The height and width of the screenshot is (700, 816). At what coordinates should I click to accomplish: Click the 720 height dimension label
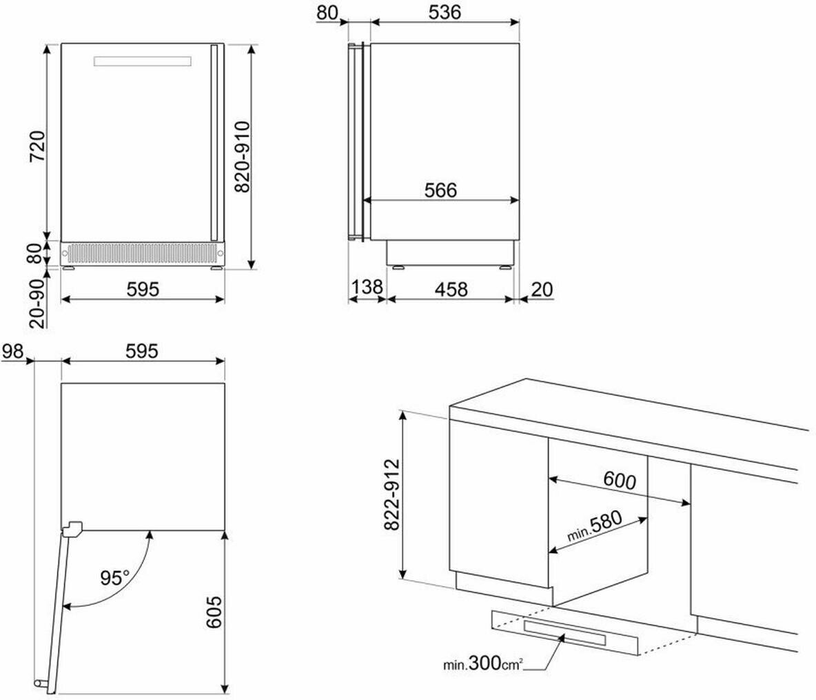pyautogui.click(x=37, y=147)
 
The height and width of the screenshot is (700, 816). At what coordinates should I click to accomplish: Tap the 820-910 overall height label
pyautogui.click(x=243, y=157)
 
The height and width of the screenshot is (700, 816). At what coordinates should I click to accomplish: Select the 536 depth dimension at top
pyautogui.click(x=445, y=12)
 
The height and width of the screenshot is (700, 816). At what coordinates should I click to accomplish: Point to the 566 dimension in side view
pyautogui.click(x=440, y=190)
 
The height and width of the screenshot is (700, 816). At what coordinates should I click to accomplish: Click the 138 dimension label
pyautogui.click(x=367, y=287)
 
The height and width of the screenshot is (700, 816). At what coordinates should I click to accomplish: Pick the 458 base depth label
pyautogui.click(x=451, y=289)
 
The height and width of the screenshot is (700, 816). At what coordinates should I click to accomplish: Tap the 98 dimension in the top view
pyautogui.click(x=12, y=351)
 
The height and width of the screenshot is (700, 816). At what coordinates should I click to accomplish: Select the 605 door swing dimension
pyautogui.click(x=214, y=612)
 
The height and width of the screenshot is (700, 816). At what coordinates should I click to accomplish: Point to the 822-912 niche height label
pyautogui.click(x=391, y=494)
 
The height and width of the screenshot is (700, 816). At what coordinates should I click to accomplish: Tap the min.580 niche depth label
pyautogui.click(x=594, y=527)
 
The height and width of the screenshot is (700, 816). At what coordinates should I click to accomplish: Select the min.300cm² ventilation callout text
pyautogui.click(x=483, y=663)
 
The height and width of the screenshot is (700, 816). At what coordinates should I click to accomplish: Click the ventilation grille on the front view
pyautogui.click(x=143, y=254)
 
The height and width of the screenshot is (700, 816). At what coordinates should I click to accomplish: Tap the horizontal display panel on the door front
pyautogui.click(x=143, y=61)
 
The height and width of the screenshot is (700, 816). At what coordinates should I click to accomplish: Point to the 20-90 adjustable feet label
pyautogui.click(x=37, y=303)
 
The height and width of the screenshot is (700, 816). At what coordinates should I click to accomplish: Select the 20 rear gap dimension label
pyautogui.click(x=541, y=289)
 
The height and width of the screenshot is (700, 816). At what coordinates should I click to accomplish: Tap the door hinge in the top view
pyautogui.click(x=72, y=529)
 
